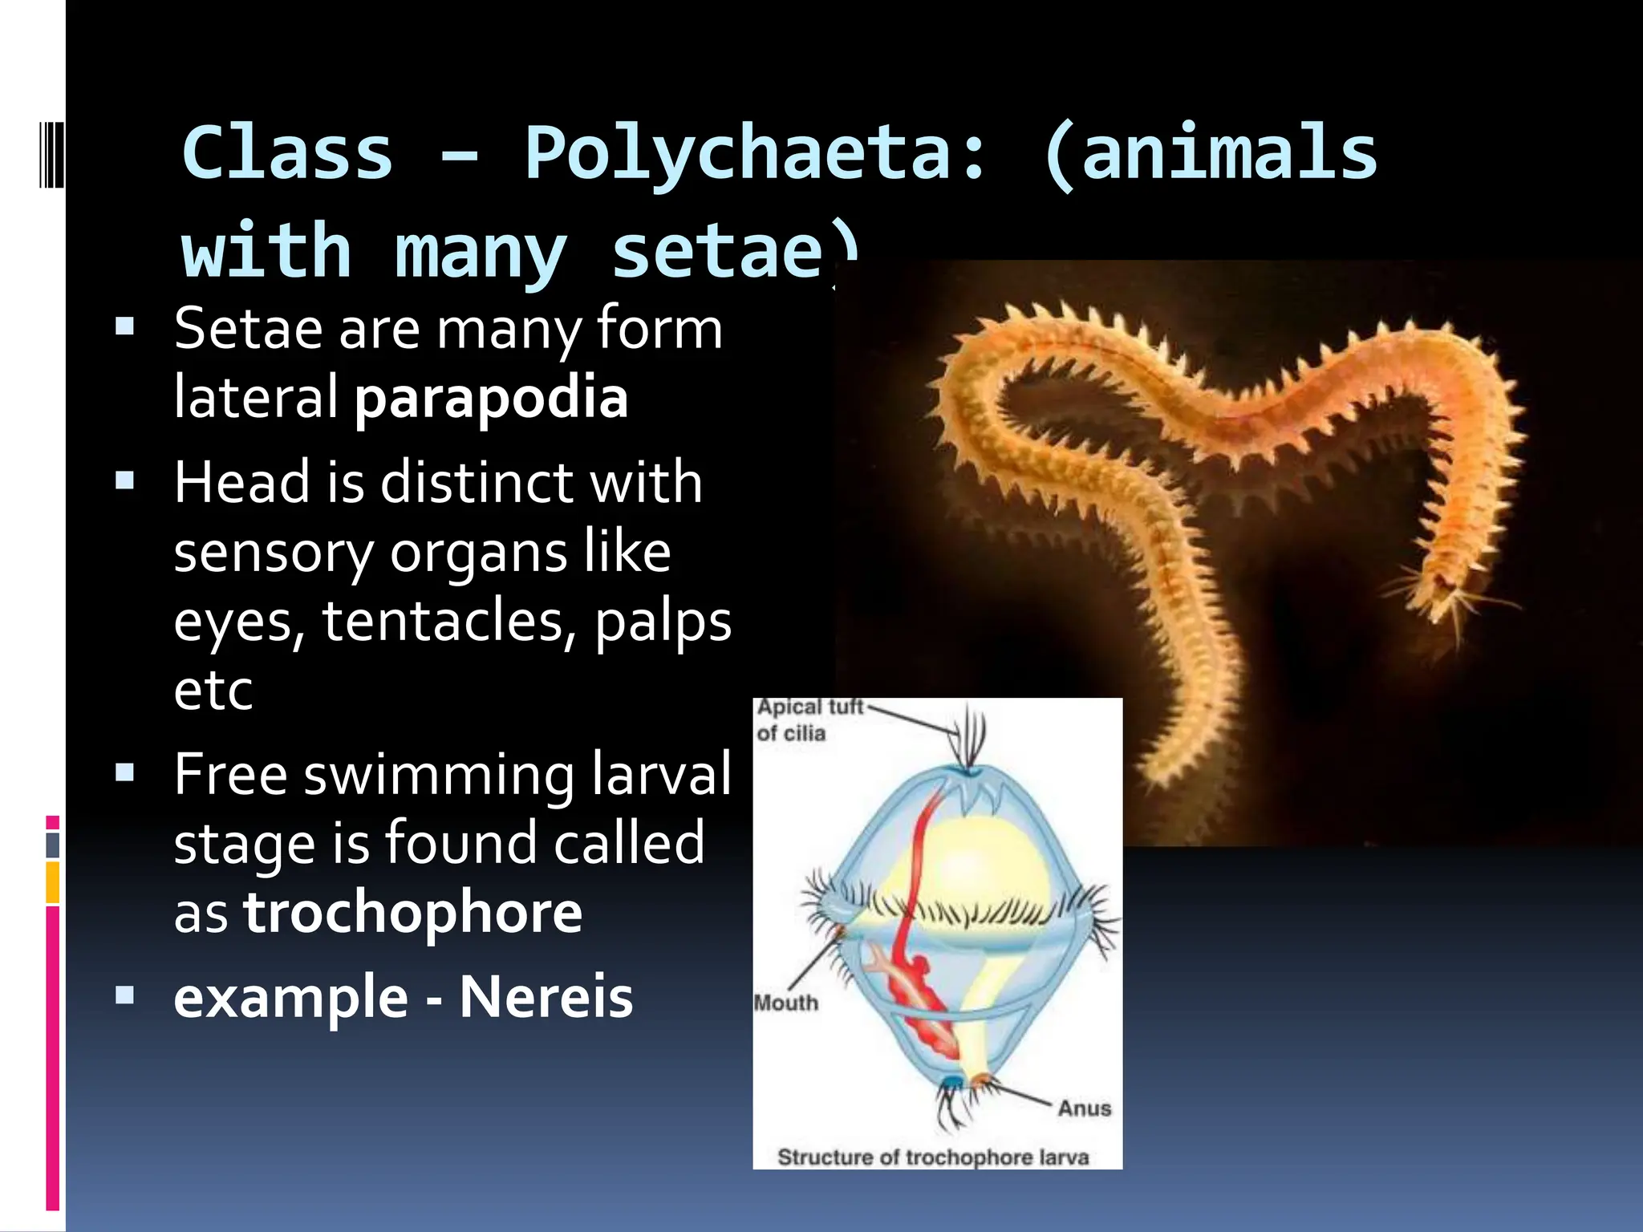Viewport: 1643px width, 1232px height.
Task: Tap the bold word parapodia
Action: pos(491,398)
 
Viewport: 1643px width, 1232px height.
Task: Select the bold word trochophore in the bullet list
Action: pos(412,913)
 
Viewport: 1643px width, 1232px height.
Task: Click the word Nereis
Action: pos(546,997)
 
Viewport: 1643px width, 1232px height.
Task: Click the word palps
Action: pos(663,622)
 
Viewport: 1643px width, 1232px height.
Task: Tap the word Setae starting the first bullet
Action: pos(248,329)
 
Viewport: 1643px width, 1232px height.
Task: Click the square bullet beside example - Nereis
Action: pos(125,995)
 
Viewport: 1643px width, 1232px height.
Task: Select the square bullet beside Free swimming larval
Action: pos(125,772)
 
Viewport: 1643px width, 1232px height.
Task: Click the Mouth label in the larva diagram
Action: pos(786,1003)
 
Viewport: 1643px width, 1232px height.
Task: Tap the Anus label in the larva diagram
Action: pos(1084,1108)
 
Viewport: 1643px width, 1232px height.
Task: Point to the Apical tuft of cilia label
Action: pos(809,719)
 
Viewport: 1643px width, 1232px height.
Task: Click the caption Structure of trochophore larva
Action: pos(933,1157)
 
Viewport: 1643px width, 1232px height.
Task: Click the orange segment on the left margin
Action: pos(52,882)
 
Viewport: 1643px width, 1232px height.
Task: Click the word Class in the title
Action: pos(287,154)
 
